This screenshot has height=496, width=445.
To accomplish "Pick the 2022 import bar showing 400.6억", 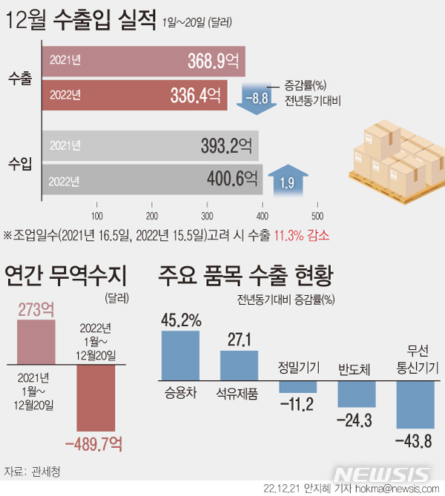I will [152, 179].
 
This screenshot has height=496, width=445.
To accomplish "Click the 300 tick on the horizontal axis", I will [207, 216].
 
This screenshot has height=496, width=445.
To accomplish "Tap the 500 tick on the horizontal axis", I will [317, 216].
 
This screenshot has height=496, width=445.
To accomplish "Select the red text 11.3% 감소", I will [302, 235].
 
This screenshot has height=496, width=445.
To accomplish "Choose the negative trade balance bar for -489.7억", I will [96, 398].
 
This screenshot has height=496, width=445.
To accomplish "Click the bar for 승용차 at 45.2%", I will [180, 354].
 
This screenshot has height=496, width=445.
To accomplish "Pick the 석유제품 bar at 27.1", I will [238, 364].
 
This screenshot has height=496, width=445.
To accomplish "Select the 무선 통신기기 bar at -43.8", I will [415, 405].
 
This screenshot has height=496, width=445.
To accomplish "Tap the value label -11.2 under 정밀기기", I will [296, 404].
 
